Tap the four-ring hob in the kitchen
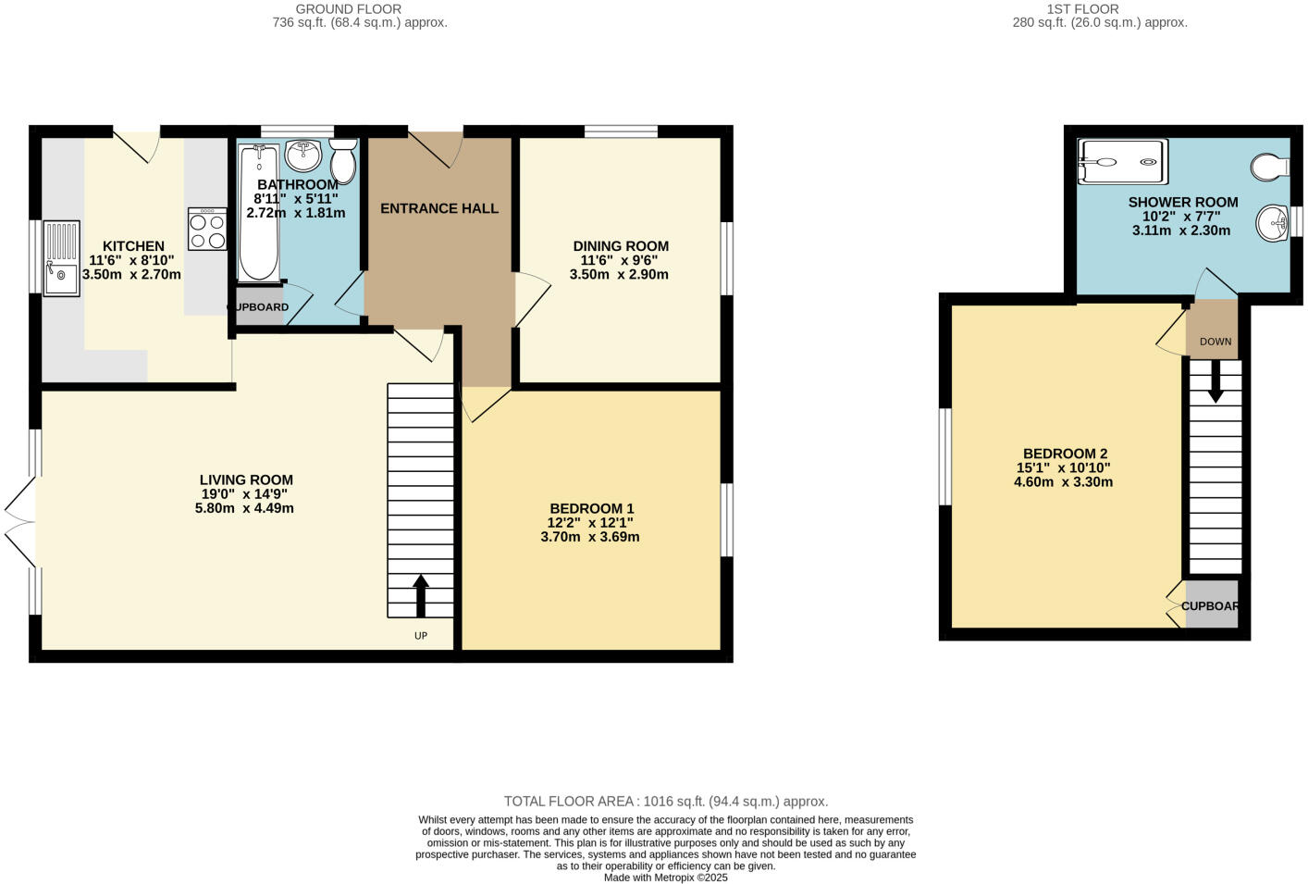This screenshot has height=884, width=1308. click(x=207, y=229)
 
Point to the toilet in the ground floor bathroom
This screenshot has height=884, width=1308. click(x=343, y=163)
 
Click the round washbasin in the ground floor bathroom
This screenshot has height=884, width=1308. click(x=302, y=156)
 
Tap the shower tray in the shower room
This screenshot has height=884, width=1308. click(x=1122, y=162)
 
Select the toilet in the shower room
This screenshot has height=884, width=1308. click(x=1269, y=167)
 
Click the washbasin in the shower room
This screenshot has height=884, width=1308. click(x=1273, y=222)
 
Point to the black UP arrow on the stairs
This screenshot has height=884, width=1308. click(x=421, y=595)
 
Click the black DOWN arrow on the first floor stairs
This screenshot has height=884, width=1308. click(x=1215, y=380)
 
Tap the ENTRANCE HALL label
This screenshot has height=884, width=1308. click(x=439, y=208)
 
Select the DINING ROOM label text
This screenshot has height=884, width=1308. click(x=620, y=246)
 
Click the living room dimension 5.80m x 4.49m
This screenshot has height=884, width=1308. click(x=244, y=508)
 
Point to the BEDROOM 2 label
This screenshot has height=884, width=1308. click(x=1065, y=454)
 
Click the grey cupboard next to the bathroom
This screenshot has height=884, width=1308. click(x=258, y=307)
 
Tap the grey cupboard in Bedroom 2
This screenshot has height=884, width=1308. click(x=1211, y=605)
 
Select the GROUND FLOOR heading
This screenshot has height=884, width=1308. click(x=348, y=9)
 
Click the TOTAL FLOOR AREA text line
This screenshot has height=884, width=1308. click(x=665, y=802)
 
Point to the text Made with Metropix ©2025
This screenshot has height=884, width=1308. click(x=665, y=878)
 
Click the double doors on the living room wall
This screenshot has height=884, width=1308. click(x=20, y=523)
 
